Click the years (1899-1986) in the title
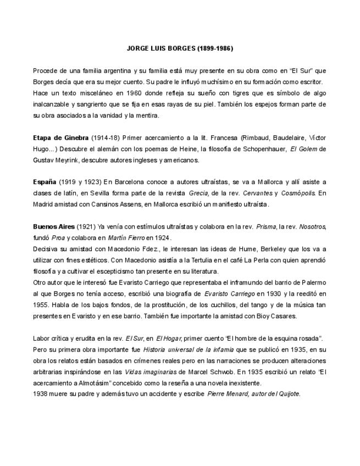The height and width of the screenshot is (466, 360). [x=215, y=48]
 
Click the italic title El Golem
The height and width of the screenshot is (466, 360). [x=304, y=149]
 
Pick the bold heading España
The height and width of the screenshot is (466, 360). [x=45, y=182]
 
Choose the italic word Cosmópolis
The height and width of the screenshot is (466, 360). [x=298, y=193]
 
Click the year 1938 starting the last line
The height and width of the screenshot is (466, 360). [x=40, y=394]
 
